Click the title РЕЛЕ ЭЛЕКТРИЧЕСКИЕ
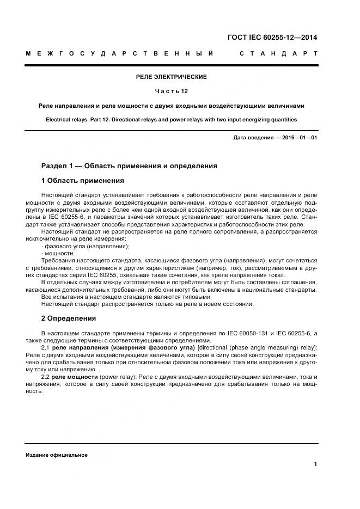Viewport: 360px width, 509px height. (171, 77)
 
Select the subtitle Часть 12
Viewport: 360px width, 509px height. (171, 91)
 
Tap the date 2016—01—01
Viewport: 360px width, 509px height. (298, 138)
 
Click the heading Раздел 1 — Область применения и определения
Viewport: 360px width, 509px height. (129, 165)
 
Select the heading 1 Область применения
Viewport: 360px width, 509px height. (82, 180)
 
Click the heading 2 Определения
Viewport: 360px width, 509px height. (69, 318)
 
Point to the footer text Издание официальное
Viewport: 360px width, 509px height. (57, 455)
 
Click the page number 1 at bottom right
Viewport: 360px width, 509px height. (315, 464)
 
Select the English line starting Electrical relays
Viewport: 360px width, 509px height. (171, 119)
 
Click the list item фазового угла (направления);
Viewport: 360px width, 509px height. (87, 246)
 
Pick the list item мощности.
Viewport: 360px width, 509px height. (60, 253)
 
